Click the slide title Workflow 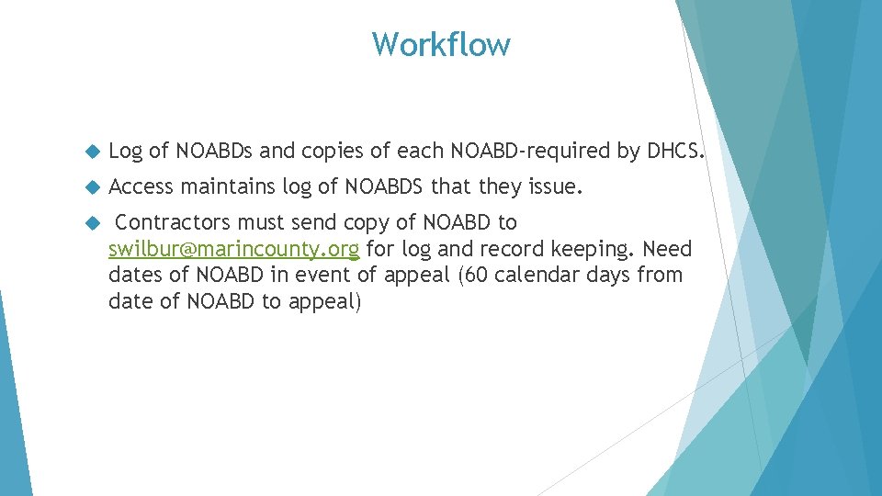441,44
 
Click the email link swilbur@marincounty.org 233,249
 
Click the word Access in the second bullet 141,187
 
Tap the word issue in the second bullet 555,187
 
